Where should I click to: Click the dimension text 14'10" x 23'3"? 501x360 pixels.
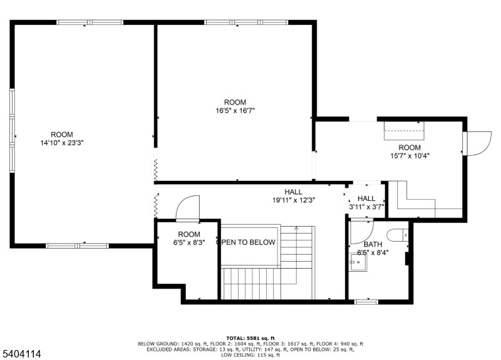click(62, 143)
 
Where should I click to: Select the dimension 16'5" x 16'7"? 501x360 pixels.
click(235, 110)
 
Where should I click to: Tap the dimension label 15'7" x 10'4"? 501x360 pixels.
click(410, 155)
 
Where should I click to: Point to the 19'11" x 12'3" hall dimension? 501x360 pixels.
click(293, 200)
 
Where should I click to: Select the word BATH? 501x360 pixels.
click(373, 245)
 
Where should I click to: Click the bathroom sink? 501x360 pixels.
click(359, 262)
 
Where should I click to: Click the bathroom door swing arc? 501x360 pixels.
click(361, 232)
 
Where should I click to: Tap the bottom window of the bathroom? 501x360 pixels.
click(366, 302)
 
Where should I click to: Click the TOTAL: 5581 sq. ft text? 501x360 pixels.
click(250, 338)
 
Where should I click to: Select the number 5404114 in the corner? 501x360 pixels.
click(21, 354)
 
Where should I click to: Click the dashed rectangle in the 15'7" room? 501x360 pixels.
click(404, 131)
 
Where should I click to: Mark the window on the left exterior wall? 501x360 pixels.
click(12, 130)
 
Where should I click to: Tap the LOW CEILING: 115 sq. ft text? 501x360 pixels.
click(250, 355)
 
